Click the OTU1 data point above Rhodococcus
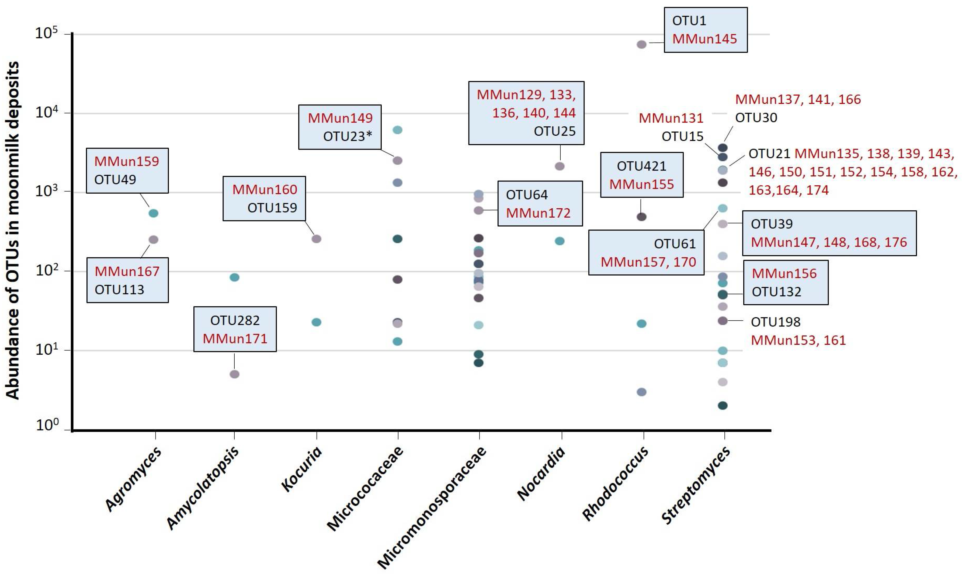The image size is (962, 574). point(641,44)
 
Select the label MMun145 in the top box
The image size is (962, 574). point(704,39)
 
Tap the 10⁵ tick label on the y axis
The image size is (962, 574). point(46,33)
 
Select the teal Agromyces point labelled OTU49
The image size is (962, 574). point(154,213)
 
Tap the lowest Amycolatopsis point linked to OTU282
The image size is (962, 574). point(234,374)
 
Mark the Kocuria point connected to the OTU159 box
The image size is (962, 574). point(317,239)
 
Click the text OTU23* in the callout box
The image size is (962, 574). point(347,136)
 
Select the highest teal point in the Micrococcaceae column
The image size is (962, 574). point(398,130)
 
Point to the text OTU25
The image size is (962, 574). point(554,131)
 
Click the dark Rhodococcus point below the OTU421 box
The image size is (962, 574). point(641,217)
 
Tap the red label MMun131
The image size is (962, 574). point(671,118)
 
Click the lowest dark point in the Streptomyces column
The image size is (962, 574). point(723,405)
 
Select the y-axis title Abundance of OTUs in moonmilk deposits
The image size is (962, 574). point(12,230)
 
